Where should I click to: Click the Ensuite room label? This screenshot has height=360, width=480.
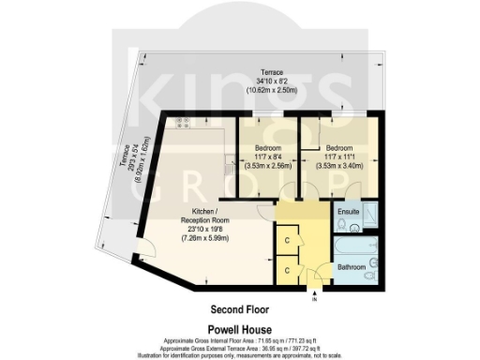pyautogui.click(x=349, y=212)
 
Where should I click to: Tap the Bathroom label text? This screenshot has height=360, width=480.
pyautogui.click(x=351, y=267)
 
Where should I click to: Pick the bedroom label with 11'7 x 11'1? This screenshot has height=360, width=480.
pyautogui.click(x=338, y=148)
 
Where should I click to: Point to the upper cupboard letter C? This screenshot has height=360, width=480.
pyautogui.click(x=286, y=241)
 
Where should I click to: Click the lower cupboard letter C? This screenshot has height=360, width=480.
pyautogui.click(x=286, y=269)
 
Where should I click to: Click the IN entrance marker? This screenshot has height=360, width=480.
pyautogui.click(x=315, y=299)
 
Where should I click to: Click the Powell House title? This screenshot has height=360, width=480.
pyautogui.click(x=240, y=329)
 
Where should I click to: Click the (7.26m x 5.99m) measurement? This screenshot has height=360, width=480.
pyautogui.click(x=203, y=238)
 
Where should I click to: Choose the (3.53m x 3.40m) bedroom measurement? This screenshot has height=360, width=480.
pyautogui.click(x=338, y=166)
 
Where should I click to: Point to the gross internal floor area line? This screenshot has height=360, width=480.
pyautogui.click(x=240, y=339)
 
